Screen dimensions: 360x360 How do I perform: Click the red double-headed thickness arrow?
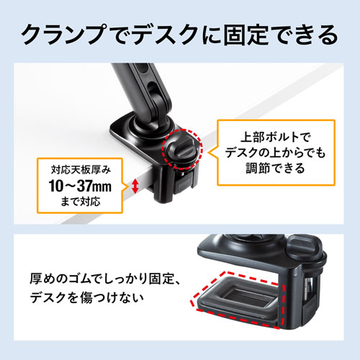(x=135, y=186)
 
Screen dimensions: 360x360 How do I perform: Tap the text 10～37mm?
(x=80, y=186)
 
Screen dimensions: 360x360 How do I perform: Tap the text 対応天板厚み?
(x=81, y=170)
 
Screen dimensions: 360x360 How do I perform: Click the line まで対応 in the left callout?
(x=80, y=202)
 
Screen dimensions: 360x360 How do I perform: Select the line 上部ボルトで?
(x=276, y=138)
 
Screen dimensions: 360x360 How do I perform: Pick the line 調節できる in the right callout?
(x=276, y=168)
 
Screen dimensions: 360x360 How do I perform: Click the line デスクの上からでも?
(x=276, y=153)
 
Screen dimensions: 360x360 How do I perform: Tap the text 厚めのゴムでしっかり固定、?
(x=105, y=279)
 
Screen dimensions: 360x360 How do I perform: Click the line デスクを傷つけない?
(x=87, y=297)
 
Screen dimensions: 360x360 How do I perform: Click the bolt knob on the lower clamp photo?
(x=305, y=247)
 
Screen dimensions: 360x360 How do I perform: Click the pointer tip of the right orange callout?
(x=208, y=153)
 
